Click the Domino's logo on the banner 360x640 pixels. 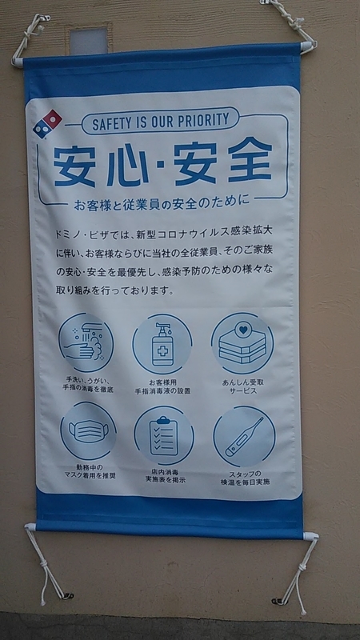point(47,124)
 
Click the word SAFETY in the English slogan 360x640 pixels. point(113,123)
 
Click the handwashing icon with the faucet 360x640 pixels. point(86,342)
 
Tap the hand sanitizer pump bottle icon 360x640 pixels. point(162,344)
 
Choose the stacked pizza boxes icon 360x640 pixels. point(242,343)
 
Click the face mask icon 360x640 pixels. point(88,430)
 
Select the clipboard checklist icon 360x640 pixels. point(164,435)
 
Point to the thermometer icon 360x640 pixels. point(244,436)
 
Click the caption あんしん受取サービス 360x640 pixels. point(243,386)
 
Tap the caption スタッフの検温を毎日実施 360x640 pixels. point(245,478)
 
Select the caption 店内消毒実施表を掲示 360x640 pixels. point(166,476)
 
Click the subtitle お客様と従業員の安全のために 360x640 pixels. point(162,204)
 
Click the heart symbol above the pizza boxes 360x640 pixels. point(243,330)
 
